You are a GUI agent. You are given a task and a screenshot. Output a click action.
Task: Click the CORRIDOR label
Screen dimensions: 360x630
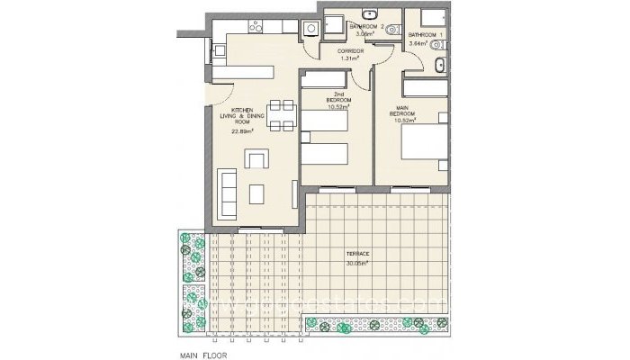350,52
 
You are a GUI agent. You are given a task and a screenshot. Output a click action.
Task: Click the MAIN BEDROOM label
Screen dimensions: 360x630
400,112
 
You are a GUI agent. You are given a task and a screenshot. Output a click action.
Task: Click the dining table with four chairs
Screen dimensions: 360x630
282,112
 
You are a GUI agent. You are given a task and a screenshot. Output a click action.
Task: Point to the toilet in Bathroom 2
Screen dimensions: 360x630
332,25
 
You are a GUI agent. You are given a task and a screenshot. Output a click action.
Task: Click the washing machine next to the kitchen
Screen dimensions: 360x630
309,28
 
